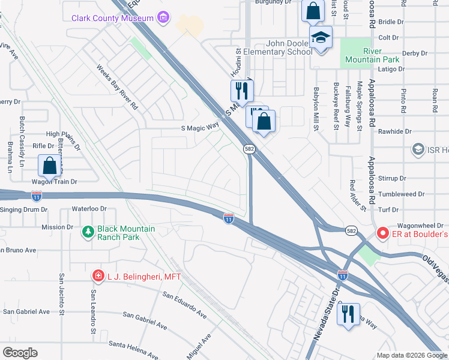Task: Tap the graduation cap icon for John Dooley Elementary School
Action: coord(321,38)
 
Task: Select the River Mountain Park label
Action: coord(364,55)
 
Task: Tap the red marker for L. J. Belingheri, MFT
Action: coord(98,276)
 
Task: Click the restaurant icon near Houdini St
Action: coord(242,91)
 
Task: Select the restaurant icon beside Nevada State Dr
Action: coord(348,313)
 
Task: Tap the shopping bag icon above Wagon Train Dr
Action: coord(49,166)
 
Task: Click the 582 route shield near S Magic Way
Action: coord(250,148)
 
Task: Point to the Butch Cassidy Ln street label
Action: coord(22,142)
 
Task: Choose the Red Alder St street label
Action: coord(358,195)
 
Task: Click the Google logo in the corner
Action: coord(20,353)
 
